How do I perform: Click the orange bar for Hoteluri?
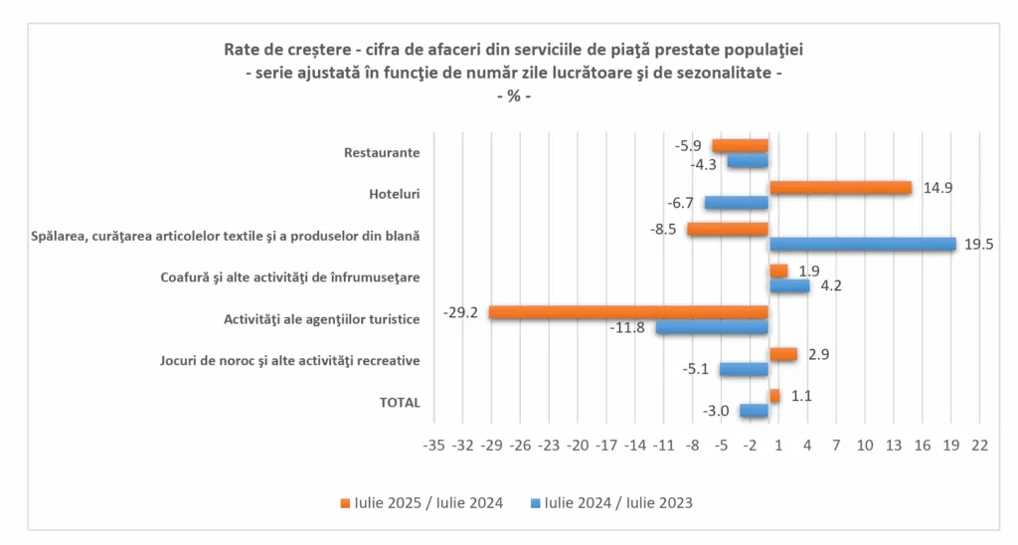[x=840, y=188]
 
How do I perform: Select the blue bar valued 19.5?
[x=862, y=244]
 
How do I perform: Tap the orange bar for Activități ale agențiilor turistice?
[x=628, y=312]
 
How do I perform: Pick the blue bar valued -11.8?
[x=712, y=327]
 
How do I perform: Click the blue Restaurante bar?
[x=748, y=161]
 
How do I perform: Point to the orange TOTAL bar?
[x=774, y=396]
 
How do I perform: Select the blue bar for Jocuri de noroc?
[x=744, y=369]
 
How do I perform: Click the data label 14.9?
[x=937, y=187]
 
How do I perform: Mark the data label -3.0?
[x=717, y=411]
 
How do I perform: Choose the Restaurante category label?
[x=382, y=153]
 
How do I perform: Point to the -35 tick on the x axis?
[x=433, y=445]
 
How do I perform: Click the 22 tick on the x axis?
[x=980, y=445]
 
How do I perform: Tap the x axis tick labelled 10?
[x=865, y=445]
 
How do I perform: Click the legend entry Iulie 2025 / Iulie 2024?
[x=427, y=503]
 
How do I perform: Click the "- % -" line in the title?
[x=513, y=96]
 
